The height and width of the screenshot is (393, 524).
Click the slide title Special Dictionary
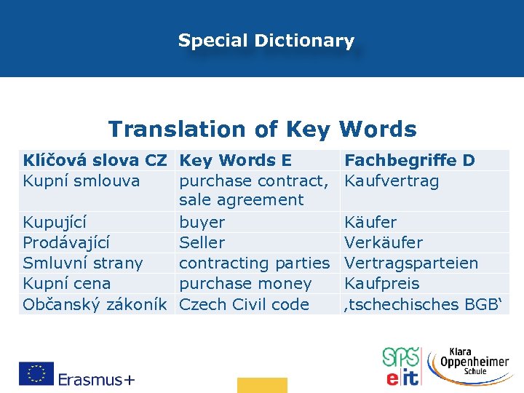[266, 41]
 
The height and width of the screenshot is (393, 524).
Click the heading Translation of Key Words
[262, 130]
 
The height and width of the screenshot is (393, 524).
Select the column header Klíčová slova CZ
[95, 160]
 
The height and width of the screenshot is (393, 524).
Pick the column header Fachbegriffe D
[409, 160]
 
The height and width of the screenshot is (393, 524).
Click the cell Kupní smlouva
[81, 180]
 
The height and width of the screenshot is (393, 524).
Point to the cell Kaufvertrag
[392, 180]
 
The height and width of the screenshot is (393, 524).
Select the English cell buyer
[202, 222]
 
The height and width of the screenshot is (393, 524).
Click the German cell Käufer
[370, 222]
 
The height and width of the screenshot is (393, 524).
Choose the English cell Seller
[202, 242]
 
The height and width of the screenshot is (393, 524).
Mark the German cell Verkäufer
[383, 242]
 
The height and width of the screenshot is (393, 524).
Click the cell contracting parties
[254, 263]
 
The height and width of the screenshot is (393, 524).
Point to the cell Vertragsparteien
[411, 263]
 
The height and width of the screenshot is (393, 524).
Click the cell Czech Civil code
[244, 304]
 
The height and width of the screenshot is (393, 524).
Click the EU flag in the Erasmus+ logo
[36, 374]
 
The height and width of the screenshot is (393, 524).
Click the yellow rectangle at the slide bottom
[262, 385]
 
